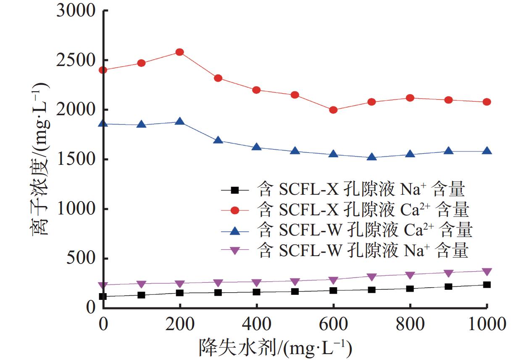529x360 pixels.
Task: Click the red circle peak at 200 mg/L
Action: tap(180, 52)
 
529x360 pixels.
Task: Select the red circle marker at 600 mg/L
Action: tap(333, 110)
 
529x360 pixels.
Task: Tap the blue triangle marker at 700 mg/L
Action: tap(371, 157)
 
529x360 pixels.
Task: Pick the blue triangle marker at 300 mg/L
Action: tap(218, 140)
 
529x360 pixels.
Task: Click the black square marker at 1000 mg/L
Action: tap(487, 285)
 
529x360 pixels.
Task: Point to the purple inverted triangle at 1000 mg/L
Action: tap(487, 272)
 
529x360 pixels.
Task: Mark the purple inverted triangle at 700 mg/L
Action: tap(371, 277)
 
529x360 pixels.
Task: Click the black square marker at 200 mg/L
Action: tap(180, 293)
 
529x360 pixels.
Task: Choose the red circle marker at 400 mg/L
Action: tap(256, 90)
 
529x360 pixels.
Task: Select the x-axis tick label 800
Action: tap(410, 325)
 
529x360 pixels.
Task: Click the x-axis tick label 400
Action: tap(256, 325)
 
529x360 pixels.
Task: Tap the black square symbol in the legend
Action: tap(235, 190)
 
